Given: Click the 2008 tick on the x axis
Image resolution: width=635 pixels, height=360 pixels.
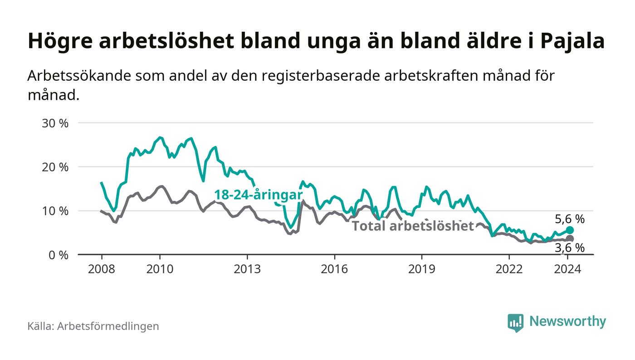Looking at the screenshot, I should [101, 269].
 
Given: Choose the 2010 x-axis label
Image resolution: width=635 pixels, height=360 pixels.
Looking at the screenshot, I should [160, 269].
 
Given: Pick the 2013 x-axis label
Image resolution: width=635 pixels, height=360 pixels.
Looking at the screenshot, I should [247, 269].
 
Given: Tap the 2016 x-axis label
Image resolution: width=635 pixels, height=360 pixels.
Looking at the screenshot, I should [335, 269].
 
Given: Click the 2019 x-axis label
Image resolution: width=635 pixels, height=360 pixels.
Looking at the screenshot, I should [422, 269].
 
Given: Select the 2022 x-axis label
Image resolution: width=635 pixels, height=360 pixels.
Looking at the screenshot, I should [509, 269].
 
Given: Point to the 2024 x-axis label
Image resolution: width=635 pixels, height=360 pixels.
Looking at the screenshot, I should [567, 269].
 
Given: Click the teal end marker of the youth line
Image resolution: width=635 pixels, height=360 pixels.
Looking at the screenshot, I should [570, 230].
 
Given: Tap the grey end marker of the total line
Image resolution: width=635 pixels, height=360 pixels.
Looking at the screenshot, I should [570, 238].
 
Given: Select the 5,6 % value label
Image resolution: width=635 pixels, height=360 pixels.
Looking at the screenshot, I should [570, 219].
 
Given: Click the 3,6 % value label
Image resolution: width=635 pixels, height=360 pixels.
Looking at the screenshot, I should [570, 248].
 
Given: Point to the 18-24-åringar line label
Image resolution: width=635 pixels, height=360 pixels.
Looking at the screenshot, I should [258, 195].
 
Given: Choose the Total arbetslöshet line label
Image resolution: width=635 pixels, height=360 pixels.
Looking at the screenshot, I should [413, 226].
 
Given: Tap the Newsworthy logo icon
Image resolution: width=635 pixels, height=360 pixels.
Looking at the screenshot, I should [515, 322].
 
